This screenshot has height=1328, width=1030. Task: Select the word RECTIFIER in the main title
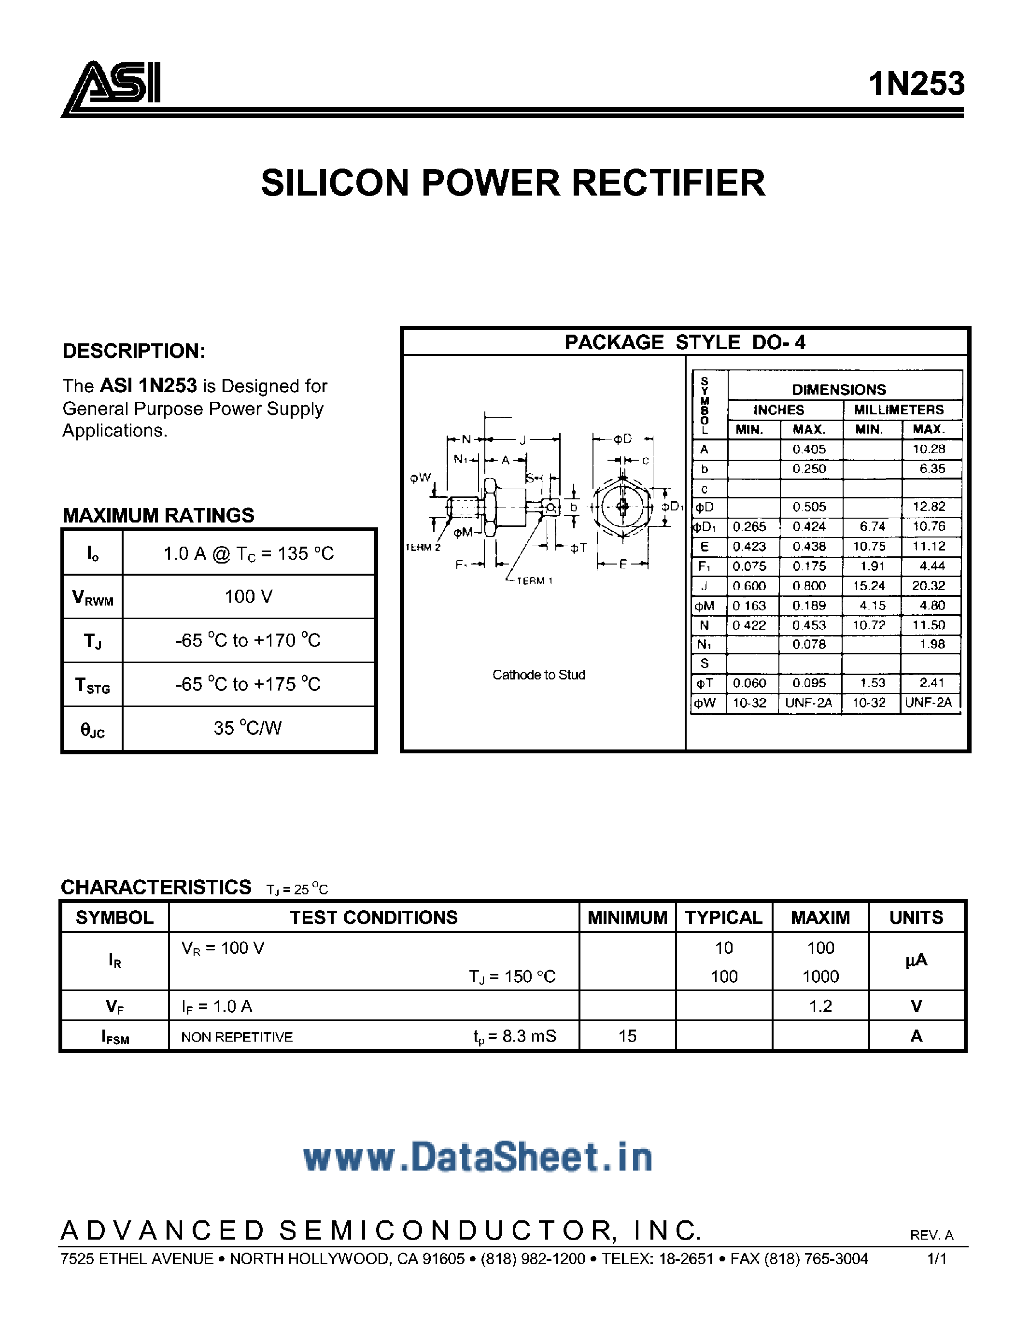click(x=668, y=183)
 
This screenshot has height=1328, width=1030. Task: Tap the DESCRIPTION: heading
click(x=134, y=351)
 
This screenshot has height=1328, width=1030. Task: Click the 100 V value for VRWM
click(x=248, y=596)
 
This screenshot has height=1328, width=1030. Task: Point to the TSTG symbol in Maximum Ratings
click(x=92, y=685)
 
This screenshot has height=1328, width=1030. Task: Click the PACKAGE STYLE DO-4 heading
click(x=685, y=342)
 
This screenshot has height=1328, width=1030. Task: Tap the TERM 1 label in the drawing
click(x=535, y=580)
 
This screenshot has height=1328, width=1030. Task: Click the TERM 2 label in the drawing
click(x=423, y=547)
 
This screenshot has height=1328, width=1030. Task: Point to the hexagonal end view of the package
click(x=622, y=506)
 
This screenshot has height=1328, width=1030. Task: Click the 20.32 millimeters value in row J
click(x=929, y=586)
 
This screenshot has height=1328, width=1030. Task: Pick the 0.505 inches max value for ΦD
click(x=809, y=507)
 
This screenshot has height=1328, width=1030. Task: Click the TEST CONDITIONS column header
click(x=373, y=917)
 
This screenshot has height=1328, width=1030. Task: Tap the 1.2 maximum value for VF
click(x=820, y=1006)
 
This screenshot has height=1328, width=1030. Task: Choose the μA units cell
click(x=916, y=961)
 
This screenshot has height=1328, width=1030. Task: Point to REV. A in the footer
click(x=931, y=1235)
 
